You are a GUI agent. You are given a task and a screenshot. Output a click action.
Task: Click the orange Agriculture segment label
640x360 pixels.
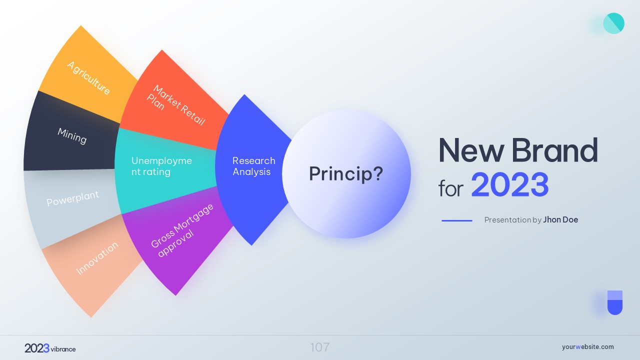[88, 77]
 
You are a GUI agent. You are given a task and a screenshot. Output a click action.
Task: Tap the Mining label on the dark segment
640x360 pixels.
[72, 136]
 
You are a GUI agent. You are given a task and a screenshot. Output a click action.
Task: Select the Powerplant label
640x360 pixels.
[73, 198]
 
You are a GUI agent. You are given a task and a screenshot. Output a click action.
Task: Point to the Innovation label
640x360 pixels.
[97, 258]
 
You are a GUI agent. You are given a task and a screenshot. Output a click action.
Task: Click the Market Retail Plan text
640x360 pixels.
[175, 105]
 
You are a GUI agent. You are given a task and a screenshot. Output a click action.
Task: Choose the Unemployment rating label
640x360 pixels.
[161, 166]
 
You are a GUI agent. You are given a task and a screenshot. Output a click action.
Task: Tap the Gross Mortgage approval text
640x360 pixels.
[182, 230]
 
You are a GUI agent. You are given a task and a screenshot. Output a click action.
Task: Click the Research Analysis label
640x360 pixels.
[253, 166]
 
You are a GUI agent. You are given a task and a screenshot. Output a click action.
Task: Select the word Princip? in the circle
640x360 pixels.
[346, 173]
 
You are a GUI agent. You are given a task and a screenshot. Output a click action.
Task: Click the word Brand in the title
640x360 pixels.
[554, 150]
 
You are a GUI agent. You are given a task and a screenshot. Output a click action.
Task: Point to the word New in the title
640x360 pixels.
[471, 150]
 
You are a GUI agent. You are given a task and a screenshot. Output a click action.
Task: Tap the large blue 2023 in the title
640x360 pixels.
[509, 184]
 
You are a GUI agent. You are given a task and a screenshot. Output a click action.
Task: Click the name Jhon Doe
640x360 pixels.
[560, 219]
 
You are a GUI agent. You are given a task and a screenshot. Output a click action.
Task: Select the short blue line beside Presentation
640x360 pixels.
[457, 220]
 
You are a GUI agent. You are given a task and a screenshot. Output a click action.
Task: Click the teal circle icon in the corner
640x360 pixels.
[613, 23]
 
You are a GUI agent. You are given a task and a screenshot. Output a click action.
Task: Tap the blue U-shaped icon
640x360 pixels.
[615, 302]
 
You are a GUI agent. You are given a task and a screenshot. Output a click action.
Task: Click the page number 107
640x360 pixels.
[320, 347]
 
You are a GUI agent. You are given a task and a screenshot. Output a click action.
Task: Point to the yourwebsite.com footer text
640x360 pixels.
[587, 347]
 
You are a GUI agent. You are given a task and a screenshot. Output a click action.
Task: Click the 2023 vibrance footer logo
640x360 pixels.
[50, 348]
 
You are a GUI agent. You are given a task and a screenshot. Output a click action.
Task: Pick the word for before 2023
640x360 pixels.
[451, 188]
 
